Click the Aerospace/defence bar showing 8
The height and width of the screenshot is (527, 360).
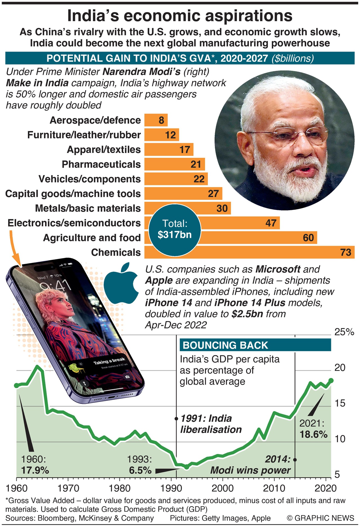tap(156, 120)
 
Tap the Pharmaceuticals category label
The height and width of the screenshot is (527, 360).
tap(101, 164)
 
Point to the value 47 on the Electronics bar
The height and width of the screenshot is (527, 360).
tap(271, 223)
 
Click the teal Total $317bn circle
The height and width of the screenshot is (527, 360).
tap(175, 230)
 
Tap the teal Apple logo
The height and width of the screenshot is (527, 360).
tap(121, 284)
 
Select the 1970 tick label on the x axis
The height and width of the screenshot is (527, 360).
tap(68, 488)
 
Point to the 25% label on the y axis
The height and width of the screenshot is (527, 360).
tap(344, 332)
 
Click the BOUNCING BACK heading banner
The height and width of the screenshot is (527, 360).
tap(255, 345)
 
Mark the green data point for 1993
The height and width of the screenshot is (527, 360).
tap(186, 467)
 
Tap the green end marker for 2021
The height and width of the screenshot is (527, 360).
tap(331, 380)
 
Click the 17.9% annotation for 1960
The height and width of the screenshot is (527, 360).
tap(35, 470)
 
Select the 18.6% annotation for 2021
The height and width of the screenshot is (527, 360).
tap(313, 434)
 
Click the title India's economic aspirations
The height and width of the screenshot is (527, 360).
tap(180, 16)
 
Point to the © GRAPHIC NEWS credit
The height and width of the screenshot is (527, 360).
tap(320, 518)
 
